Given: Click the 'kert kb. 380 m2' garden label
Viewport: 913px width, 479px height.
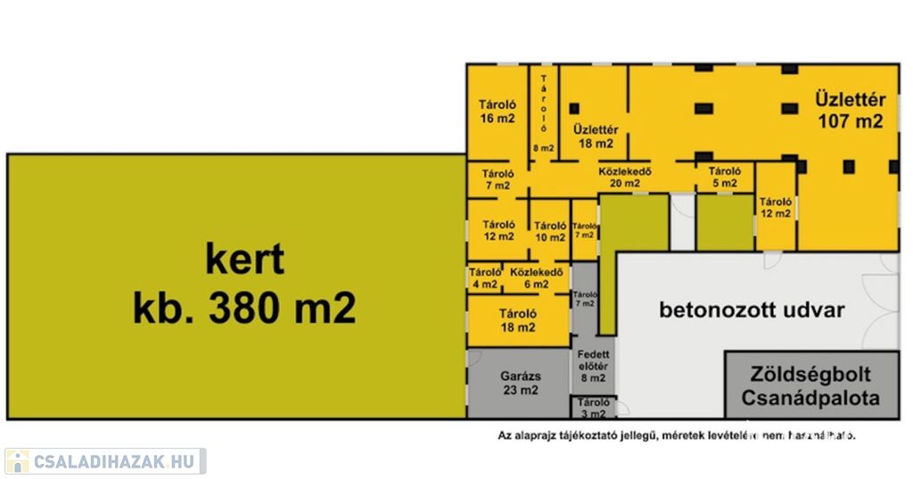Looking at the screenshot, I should pyautogui.click(x=244, y=285).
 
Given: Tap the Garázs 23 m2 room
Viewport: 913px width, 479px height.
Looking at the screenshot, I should pyautogui.click(x=517, y=383).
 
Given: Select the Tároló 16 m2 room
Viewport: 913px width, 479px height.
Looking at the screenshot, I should pyautogui.click(x=498, y=111).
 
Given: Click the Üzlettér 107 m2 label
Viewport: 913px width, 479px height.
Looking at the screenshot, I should pyautogui.click(x=850, y=109).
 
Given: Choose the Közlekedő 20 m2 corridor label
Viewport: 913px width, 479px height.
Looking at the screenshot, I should pyautogui.click(x=625, y=178).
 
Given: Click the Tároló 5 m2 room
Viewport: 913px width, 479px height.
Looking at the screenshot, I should pyautogui.click(x=724, y=177).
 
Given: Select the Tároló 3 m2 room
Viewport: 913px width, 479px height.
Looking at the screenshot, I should pyautogui.click(x=593, y=408).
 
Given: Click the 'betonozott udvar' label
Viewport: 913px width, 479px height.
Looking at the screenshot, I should pyautogui.click(x=752, y=310).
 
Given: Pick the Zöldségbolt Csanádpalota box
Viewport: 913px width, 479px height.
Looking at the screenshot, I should pyautogui.click(x=810, y=385).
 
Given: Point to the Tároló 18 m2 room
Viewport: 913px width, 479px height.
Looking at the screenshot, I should pyautogui.click(x=517, y=320).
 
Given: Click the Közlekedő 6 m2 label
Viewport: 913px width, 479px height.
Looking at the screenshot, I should pyautogui.click(x=536, y=277).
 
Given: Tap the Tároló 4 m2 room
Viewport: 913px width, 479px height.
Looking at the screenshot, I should pyautogui.click(x=485, y=277).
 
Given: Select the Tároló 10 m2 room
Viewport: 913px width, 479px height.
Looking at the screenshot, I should pyautogui.click(x=550, y=230).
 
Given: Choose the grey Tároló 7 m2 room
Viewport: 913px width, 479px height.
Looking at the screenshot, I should pyautogui.click(x=584, y=298).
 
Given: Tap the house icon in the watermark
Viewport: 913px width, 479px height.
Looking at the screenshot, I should pyautogui.click(x=17, y=461).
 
